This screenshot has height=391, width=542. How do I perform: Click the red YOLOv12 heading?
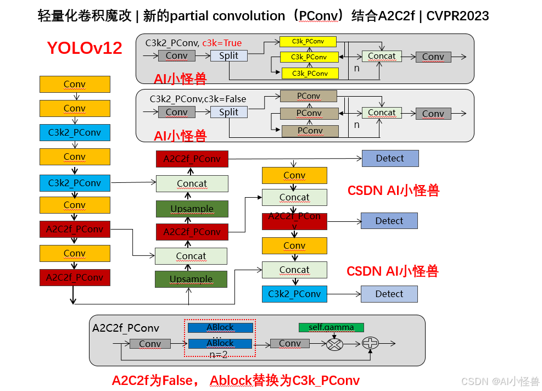(x=85, y=48)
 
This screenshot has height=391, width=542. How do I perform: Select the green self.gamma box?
(x=331, y=327)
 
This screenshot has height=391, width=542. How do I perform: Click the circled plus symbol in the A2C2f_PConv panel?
(x=371, y=344)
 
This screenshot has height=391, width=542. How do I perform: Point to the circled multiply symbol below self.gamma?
(x=334, y=344)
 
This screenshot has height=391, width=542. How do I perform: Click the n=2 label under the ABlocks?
(x=218, y=354)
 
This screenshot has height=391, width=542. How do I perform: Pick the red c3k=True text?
(x=222, y=43)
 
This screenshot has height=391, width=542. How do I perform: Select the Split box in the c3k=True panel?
(x=229, y=55)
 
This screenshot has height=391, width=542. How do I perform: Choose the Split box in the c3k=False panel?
(x=229, y=112)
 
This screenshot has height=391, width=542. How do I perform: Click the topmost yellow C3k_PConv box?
(x=308, y=42)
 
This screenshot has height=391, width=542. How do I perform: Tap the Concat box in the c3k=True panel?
(x=382, y=56)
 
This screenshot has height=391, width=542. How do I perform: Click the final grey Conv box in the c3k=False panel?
(x=433, y=114)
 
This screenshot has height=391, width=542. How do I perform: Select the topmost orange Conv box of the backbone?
(x=75, y=84)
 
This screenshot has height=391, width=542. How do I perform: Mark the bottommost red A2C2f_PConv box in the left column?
(x=75, y=277)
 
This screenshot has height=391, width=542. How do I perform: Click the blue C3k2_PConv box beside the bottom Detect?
(x=294, y=294)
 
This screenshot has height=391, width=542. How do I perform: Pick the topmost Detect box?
(x=390, y=158)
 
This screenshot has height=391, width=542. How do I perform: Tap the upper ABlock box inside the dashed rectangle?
(x=220, y=327)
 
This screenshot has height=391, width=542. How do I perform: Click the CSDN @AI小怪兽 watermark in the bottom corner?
(x=500, y=382)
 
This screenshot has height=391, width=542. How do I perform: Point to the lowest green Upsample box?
(x=191, y=279)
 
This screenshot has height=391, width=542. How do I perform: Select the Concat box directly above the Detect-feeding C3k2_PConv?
(x=294, y=270)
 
